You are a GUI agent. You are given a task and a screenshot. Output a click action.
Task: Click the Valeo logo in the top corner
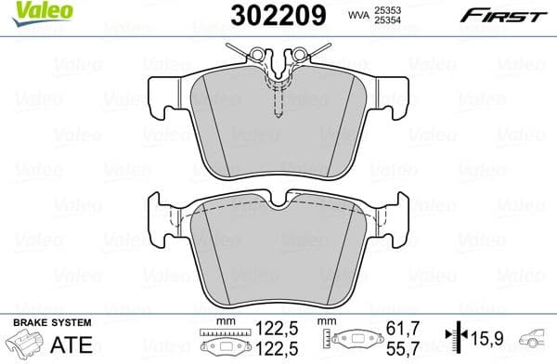[32, 10]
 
